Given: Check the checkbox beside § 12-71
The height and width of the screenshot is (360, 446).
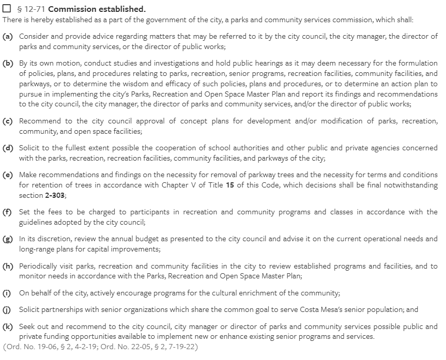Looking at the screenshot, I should coord(7,9).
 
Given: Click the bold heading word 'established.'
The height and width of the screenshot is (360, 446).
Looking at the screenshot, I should coord(122,9).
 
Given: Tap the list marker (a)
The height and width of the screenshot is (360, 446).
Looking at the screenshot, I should coord(8,37).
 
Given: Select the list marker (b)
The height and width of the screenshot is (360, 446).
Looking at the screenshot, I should coord(8,64).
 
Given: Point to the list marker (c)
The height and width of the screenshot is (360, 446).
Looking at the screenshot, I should coord(8,121).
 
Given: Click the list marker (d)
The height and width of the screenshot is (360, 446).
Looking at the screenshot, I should coord(8,148).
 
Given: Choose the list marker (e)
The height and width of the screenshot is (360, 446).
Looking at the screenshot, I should coord(8,175).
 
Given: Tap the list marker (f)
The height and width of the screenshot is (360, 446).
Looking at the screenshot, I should coord(8,212).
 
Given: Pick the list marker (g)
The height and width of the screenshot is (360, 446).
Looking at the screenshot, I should coord(8,239).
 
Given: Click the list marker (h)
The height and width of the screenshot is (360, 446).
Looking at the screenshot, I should coord(8,266).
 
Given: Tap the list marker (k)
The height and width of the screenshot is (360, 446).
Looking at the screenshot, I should coord(8,326).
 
